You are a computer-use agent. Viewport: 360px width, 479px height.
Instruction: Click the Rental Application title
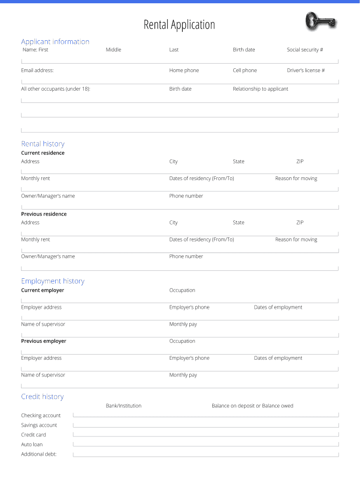[x=179, y=25]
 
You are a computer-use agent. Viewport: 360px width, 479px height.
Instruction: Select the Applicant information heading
[x=55, y=42]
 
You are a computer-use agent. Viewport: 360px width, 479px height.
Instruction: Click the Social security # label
[x=305, y=50]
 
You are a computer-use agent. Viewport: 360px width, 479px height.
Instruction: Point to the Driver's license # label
[x=306, y=70]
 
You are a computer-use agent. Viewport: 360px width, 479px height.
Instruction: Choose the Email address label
[x=37, y=70]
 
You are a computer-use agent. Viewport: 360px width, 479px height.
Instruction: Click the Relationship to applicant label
[x=260, y=89]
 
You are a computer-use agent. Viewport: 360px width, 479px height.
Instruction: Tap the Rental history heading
[x=43, y=144]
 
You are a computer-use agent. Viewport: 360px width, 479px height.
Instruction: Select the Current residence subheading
[x=43, y=153]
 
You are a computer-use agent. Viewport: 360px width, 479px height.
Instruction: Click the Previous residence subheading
[x=43, y=214]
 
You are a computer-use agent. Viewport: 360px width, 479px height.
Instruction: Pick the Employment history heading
[x=53, y=281]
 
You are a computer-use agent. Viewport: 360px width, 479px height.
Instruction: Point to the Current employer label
[x=43, y=290]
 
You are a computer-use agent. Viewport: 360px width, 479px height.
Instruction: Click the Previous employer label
[x=43, y=341]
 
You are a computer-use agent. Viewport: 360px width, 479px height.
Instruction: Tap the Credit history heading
[x=42, y=397]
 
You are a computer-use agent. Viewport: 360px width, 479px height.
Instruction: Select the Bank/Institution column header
[x=123, y=406]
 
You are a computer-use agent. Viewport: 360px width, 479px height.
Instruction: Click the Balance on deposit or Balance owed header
[x=252, y=406]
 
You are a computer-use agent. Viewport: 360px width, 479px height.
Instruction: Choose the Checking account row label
[x=41, y=415]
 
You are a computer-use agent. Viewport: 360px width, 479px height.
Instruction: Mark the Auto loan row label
[x=32, y=444]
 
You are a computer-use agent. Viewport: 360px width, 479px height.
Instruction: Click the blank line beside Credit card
[x=206, y=435]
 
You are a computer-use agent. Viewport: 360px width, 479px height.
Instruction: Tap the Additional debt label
[x=38, y=454]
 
